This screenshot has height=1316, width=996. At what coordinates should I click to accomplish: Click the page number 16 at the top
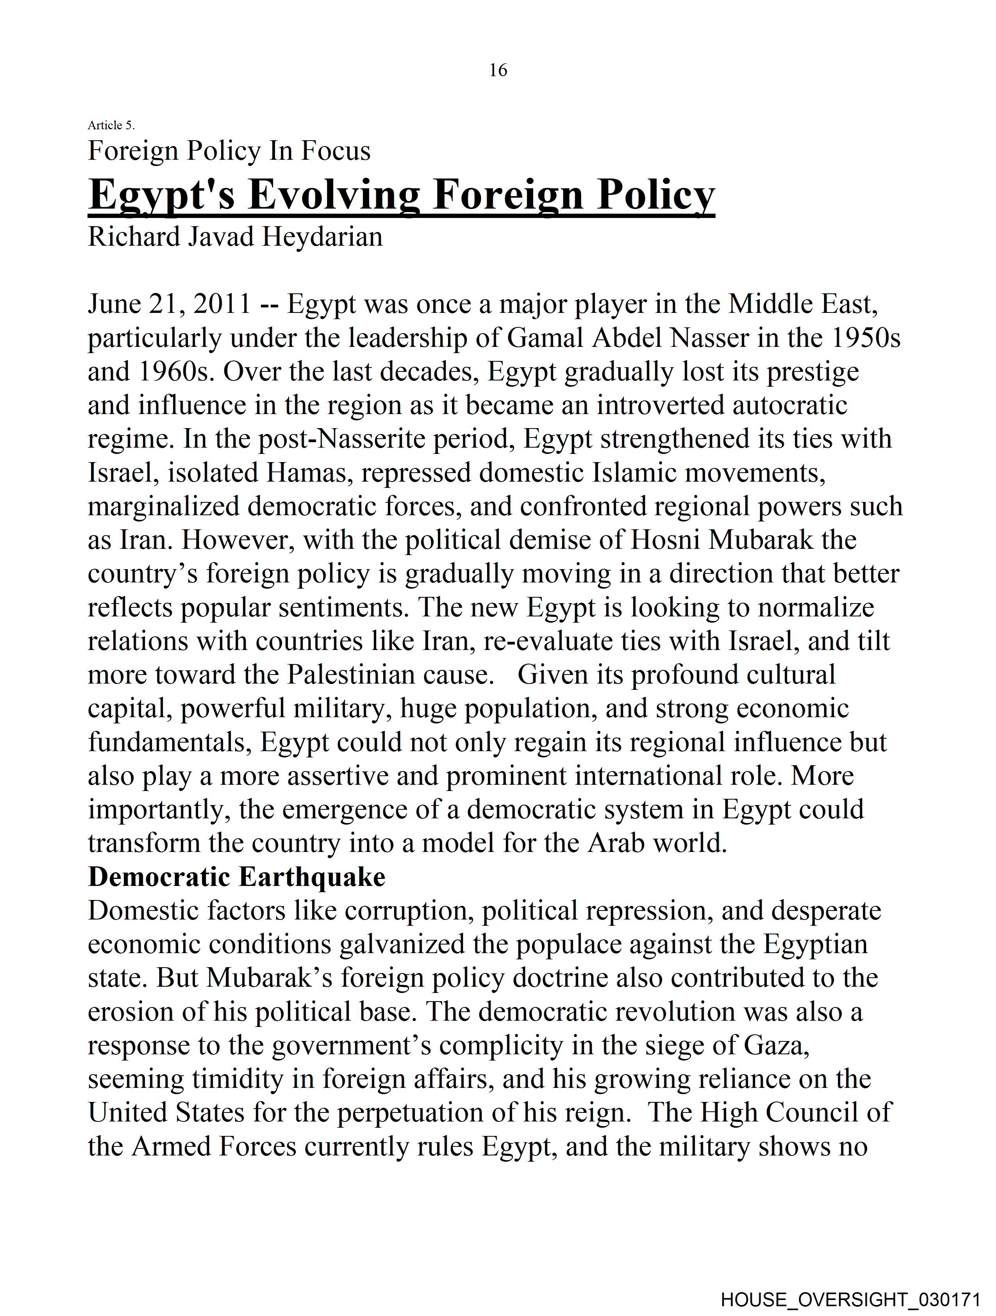pos(498,70)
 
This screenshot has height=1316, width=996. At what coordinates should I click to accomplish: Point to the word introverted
pos(660,406)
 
